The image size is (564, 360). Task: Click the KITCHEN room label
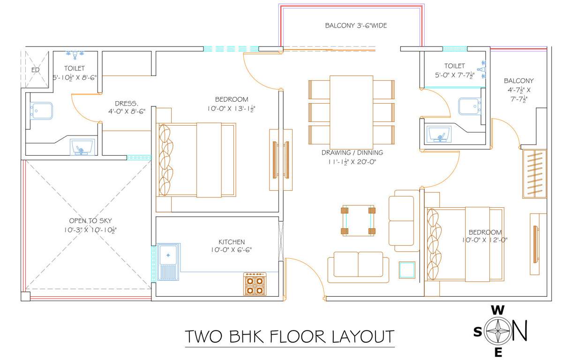coord(227,242)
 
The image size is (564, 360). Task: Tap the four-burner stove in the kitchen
coord(255,284)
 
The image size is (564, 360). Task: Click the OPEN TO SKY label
coord(90,221)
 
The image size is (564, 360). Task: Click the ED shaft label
coord(35,70)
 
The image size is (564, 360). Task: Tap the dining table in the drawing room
coord(351,111)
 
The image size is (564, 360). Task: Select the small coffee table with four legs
coord(358,220)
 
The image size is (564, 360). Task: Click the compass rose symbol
coord(498,331)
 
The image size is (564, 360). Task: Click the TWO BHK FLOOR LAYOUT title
coord(289,337)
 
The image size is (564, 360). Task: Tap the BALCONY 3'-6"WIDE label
coord(356,26)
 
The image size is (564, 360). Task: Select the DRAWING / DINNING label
coord(352,152)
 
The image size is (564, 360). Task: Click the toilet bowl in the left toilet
coord(41,111)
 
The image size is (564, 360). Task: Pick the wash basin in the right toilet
coord(440,135)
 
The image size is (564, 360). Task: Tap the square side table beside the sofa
coord(406,270)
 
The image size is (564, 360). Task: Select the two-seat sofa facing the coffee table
coord(358,267)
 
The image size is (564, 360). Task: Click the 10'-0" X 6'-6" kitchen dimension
coord(232,250)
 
